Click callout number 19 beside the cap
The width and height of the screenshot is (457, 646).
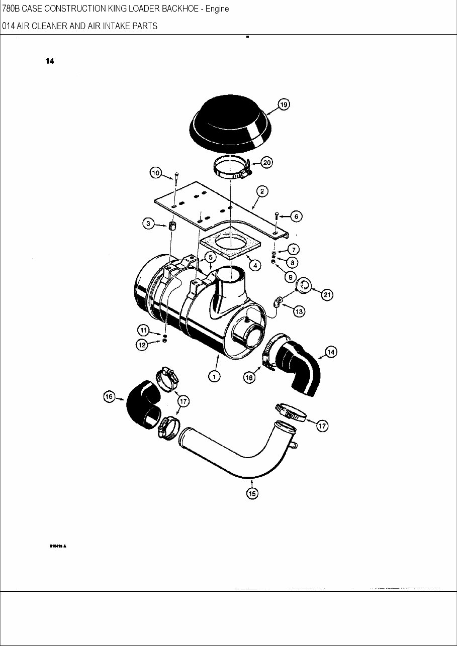point(284,104)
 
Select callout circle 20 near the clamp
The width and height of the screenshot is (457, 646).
point(266,163)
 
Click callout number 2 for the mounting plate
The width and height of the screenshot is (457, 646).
point(261,191)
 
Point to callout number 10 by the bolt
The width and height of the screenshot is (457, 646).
point(155,173)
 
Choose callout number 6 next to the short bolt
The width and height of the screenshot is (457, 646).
point(296,216)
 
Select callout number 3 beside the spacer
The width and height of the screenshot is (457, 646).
point(148,225)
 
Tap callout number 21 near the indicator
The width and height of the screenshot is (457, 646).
point(327,295)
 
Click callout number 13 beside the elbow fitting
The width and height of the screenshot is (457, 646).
point(299,311)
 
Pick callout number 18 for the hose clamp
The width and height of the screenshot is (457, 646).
point(249,378)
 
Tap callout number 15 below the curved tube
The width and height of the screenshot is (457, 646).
point(252,493)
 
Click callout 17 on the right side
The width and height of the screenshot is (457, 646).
point(322,426)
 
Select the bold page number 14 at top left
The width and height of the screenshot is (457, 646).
point(50,61)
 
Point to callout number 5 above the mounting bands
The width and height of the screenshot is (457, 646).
point(211,256)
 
